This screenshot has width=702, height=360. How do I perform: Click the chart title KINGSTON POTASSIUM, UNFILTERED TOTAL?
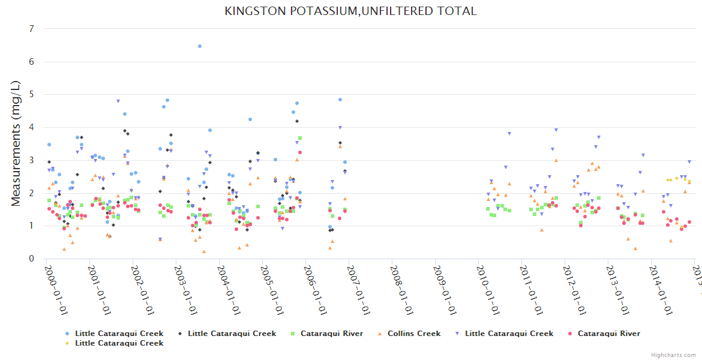[x=350, y=11]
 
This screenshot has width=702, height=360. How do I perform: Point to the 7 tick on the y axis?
[x=31, y=29]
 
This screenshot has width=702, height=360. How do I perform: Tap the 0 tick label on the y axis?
[x=31, y=259]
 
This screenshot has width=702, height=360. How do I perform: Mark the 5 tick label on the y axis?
[x=31, y=95]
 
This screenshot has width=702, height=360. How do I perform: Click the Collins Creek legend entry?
[x=414, y=334]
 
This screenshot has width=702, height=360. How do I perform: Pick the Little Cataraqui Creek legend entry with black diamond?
[x=232, y=334]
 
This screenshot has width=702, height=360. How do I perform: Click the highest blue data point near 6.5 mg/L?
[x=200, y=46]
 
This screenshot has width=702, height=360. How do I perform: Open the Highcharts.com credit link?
[x=674, y=355]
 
